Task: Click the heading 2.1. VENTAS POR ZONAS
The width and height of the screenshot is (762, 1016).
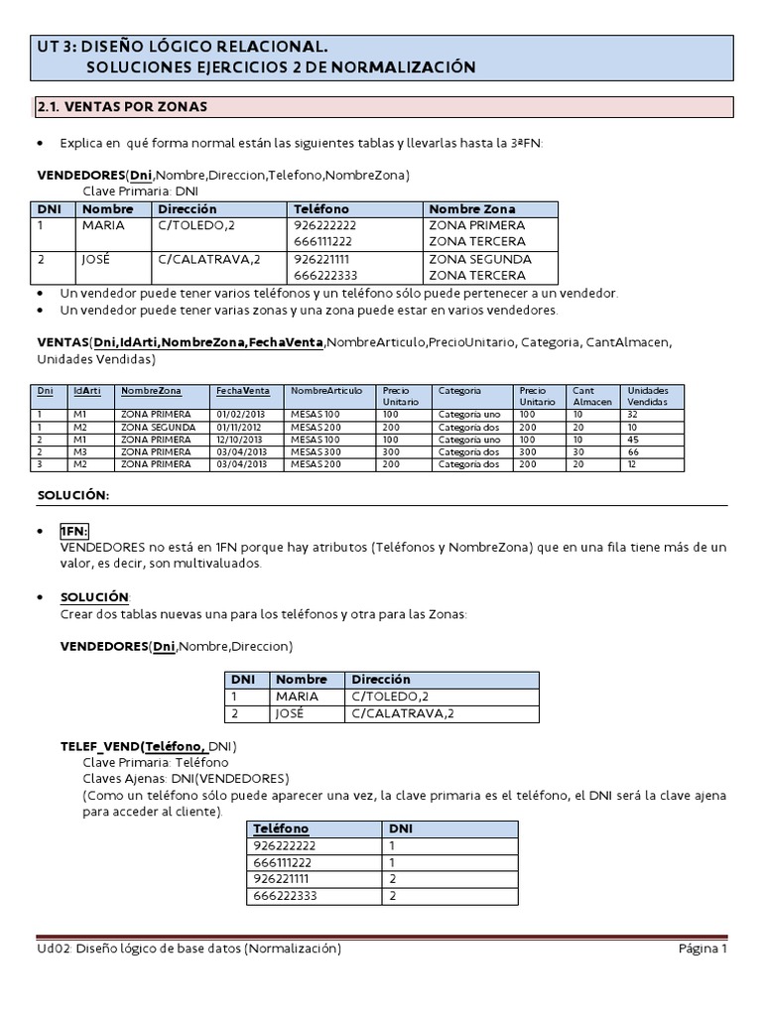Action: (x=122, y=106)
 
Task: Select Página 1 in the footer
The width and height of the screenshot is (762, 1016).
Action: (x=702, y=950)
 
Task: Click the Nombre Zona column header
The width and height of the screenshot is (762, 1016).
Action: (x=471, y=209)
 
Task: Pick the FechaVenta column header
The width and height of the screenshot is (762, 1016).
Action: (x=243, y=391)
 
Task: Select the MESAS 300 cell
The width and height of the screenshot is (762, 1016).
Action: (x=316, y=451)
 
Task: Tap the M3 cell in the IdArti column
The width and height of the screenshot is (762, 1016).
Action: (x=80, y=451)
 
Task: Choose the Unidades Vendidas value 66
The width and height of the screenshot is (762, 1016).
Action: (x=634, y=451)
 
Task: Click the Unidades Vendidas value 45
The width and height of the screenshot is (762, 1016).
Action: (x=634, y=439)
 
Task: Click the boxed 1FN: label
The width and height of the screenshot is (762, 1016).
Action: (x=74, y=532)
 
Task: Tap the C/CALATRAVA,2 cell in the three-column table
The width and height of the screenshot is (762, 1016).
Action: (x=396, y=713)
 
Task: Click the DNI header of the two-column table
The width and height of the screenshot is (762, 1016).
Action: (x=401, y=828)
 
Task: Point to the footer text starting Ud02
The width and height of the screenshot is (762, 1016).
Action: (x=189, y=950)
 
